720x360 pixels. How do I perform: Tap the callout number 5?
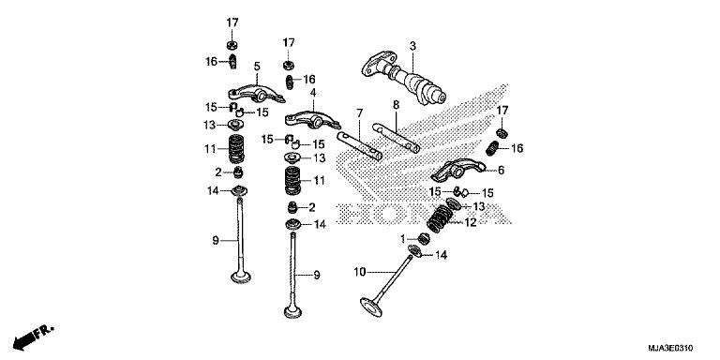click(256, 67)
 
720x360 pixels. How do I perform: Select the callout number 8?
click(397, 104)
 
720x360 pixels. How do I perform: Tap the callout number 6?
click(501, 170)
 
